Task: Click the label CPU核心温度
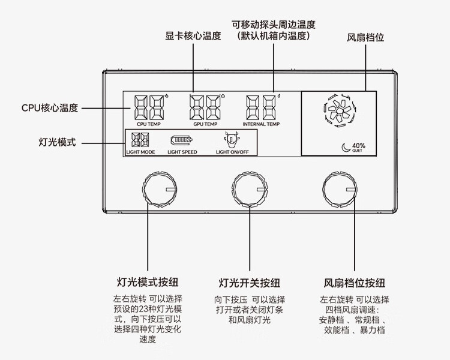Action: (x=50, y=109)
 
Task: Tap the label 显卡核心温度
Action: (x=193, y=36)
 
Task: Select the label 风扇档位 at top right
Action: (x=365, y=37)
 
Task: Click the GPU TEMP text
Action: (x=205, y=124)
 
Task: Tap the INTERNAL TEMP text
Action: (x=261, y=124)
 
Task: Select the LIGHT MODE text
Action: (x=141, y=152)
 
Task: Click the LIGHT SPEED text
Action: (x=182, y=152)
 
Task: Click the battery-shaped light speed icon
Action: (x=181, y=140)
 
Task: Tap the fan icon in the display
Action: (x=339, y=112)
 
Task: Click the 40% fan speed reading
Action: (x=358, y=145)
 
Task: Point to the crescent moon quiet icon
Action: (x=346, y=146)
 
